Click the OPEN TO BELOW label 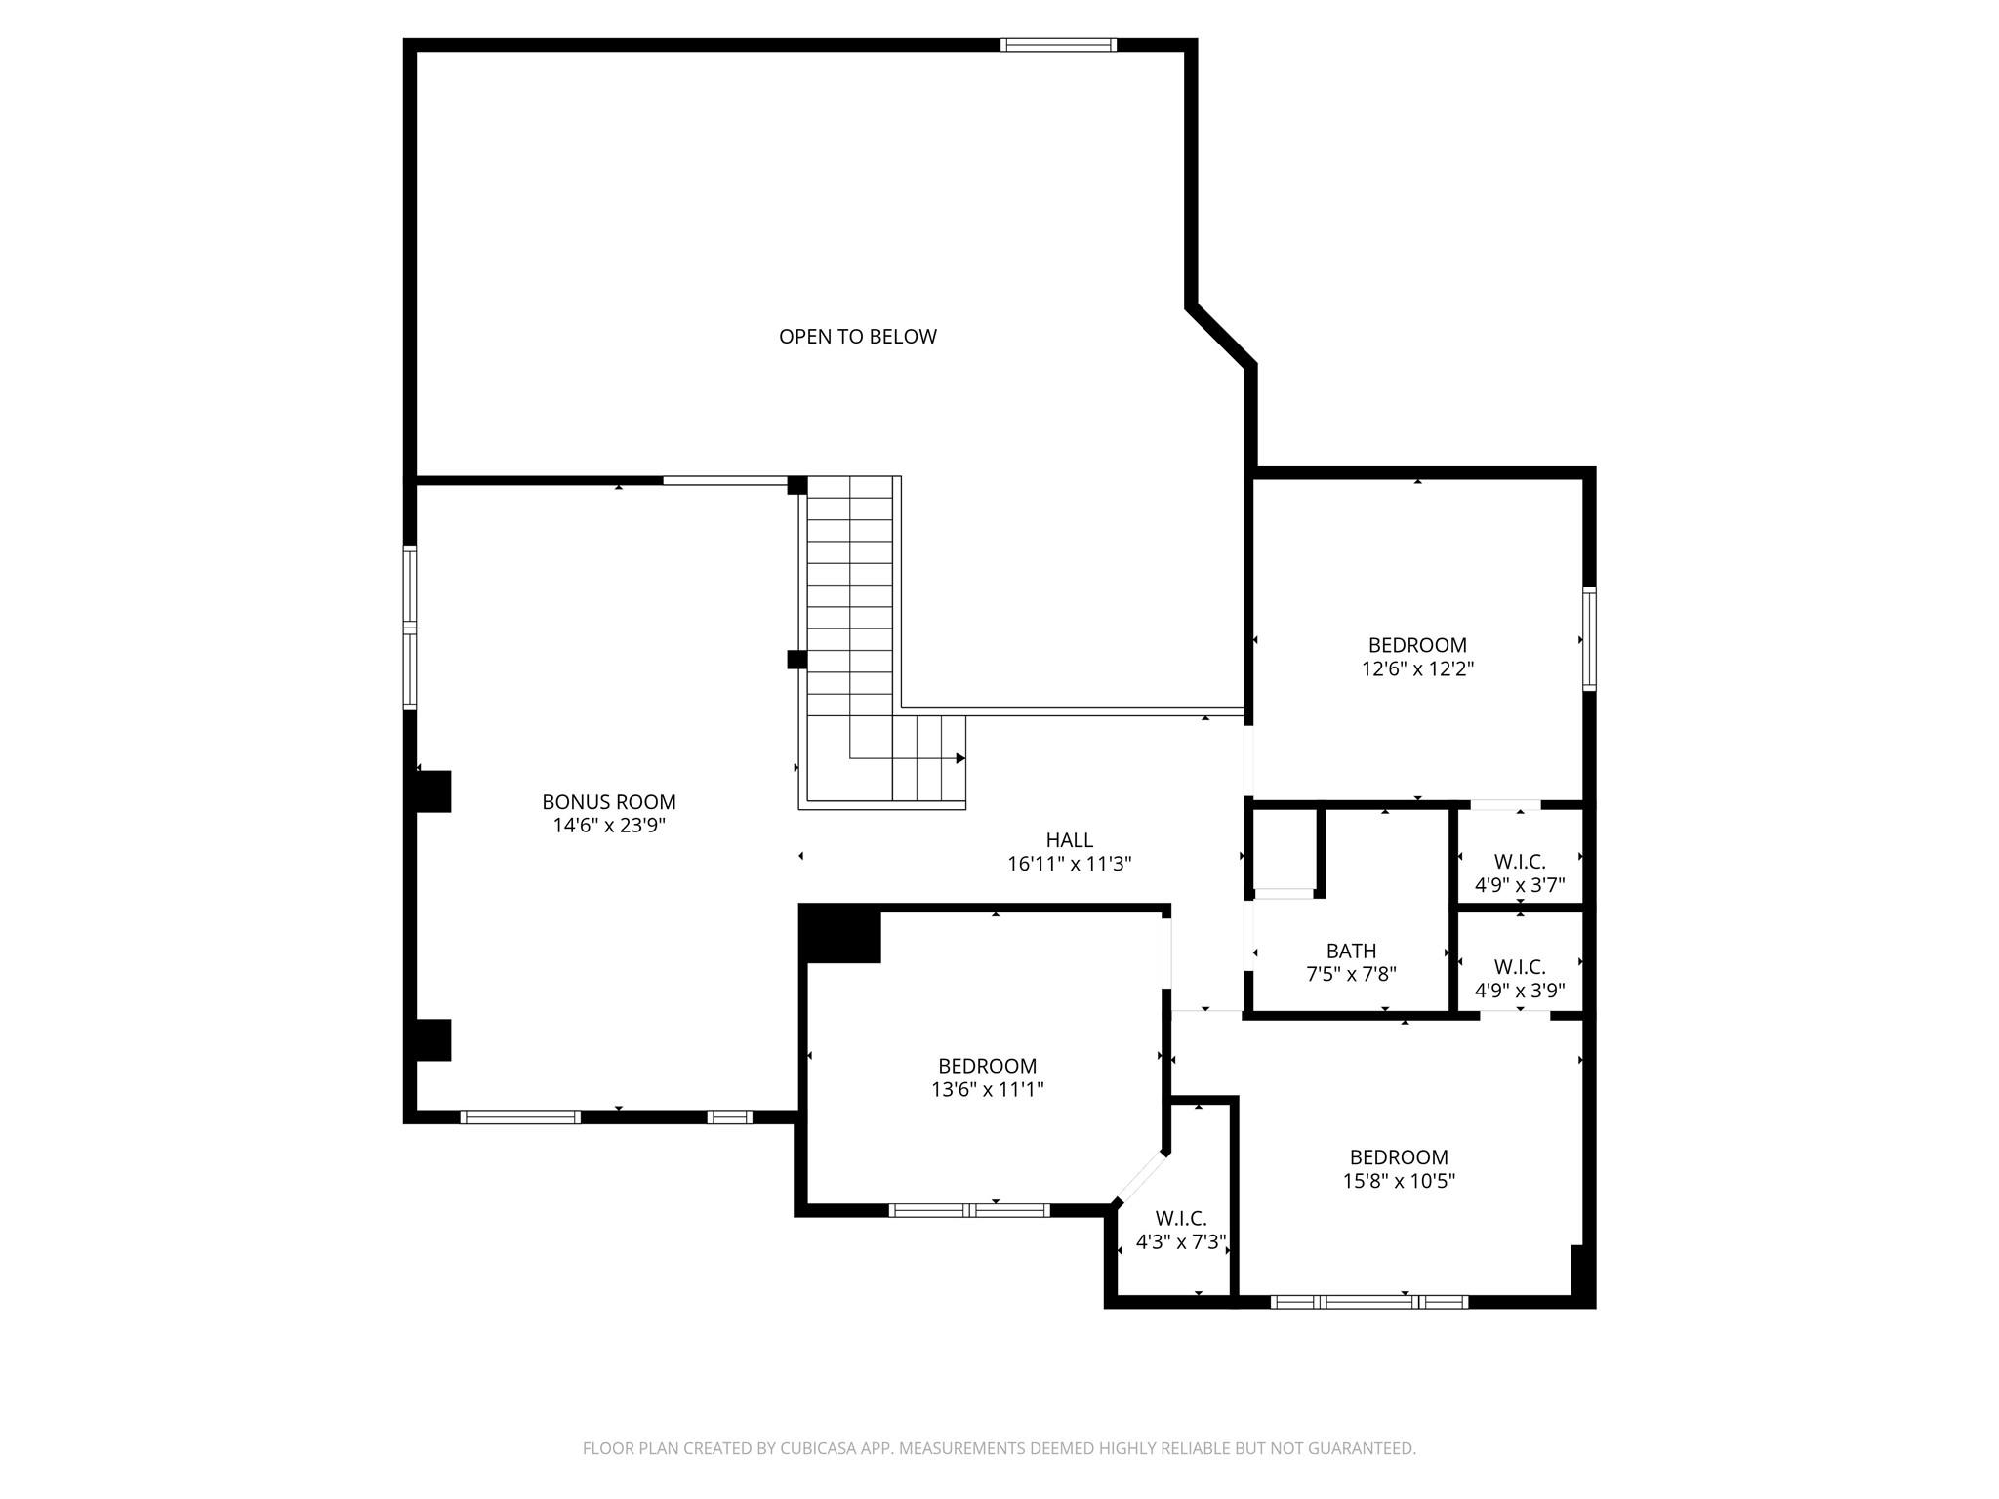click(857, 337)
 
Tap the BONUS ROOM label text click(609, 802)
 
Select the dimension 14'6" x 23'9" click(609, 826)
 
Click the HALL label click(1069, 840)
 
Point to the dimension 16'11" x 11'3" click(1069, 864)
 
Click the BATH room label click(1351, 951)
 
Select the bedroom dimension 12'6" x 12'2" click(1417, 669)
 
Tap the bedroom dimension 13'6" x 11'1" click(987, 1090)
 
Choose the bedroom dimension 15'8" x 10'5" click(1398, 1181)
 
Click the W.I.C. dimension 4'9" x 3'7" click(1519, 886)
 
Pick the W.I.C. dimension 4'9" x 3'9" click(1519, 991)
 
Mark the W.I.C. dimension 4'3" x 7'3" click(1181, 1243)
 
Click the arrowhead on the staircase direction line click(960, 758)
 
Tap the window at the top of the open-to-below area click(1058, 45)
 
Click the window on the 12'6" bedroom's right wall click(1589, 639)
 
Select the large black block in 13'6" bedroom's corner click(840, 934)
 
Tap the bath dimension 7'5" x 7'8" click(1351, 974)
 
